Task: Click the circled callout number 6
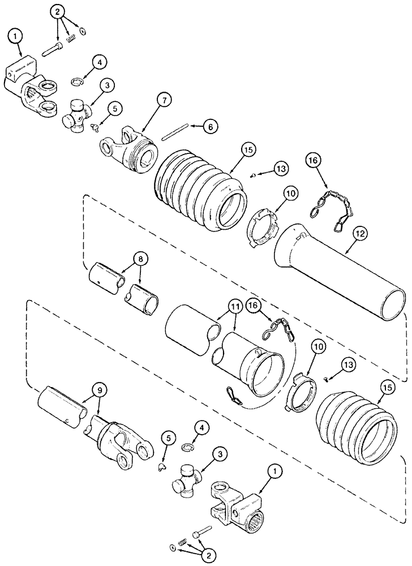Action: pos(210,127)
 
